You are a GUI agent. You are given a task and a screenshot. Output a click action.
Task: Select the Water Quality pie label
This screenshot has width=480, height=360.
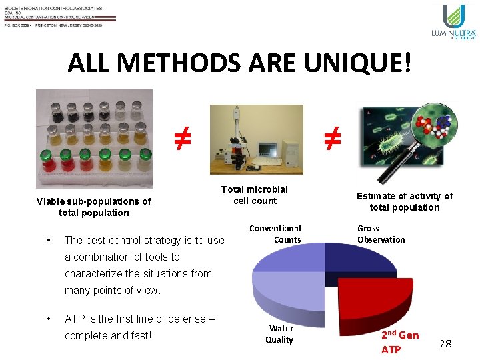[279, 334]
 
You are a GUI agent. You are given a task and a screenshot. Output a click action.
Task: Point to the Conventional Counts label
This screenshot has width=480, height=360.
[275, 234]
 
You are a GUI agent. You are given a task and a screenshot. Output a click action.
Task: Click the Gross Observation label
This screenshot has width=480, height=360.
[381, 234]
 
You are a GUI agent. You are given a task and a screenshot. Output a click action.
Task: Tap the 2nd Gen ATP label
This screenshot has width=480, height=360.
[399, 342]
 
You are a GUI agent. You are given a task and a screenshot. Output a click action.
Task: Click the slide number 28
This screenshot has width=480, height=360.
[445, 344]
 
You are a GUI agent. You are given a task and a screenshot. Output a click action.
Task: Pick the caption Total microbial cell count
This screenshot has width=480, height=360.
[255, 195]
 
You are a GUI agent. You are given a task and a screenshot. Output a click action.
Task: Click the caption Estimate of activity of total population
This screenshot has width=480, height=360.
[405, 201]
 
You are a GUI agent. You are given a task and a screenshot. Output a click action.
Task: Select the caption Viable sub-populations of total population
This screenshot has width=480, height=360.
[93, 207]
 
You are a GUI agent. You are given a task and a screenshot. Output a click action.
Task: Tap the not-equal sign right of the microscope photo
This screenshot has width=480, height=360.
[332, 138]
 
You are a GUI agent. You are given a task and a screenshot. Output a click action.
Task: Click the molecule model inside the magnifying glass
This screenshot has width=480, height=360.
[432, 126]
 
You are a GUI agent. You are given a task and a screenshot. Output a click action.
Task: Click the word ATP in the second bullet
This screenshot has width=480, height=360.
[74, 319]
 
